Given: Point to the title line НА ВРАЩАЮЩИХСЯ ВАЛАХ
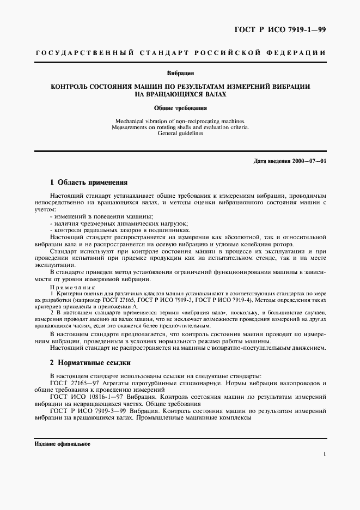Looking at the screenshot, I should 180,94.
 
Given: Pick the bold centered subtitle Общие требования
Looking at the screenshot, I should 180,108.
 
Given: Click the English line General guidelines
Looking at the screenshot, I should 180,133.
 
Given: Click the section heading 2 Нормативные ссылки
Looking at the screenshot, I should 90,362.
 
